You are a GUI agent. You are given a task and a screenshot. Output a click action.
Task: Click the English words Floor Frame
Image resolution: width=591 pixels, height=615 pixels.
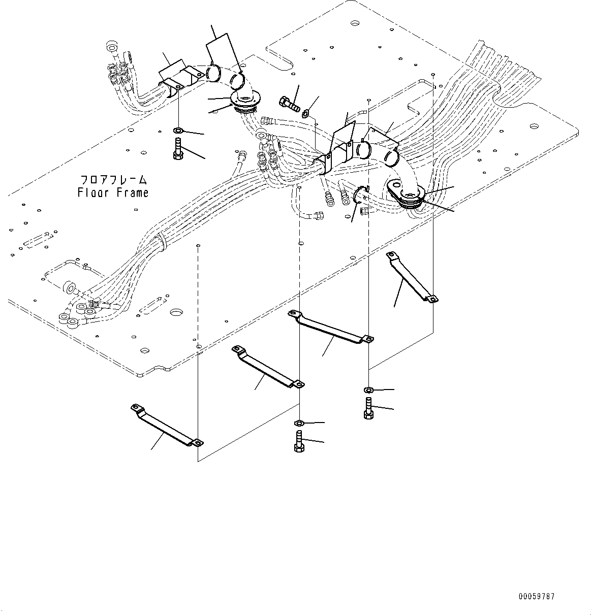point(113,193)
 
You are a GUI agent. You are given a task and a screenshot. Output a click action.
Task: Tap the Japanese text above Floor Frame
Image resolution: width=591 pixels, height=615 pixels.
point(114,180)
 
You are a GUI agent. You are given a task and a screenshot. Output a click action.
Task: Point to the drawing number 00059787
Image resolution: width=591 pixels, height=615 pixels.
point(537,596)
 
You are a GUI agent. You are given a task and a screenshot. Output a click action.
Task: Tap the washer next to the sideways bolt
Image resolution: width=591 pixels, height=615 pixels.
point(306,113)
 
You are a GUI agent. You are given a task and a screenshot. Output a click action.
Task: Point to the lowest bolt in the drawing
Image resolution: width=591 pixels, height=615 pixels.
point(299,440)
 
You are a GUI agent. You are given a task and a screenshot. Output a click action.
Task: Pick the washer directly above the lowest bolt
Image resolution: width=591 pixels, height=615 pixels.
point(299,423)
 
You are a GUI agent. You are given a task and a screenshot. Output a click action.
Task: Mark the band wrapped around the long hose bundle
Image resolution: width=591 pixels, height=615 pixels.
point(162,240)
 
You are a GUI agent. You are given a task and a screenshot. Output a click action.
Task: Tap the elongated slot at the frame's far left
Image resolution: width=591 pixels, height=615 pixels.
point(37,240)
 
